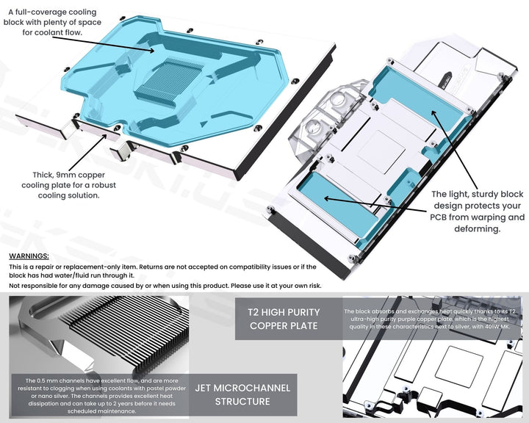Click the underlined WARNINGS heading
(29, 256)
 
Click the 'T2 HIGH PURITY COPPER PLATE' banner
(284, 318)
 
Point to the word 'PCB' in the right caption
(442, 217)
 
